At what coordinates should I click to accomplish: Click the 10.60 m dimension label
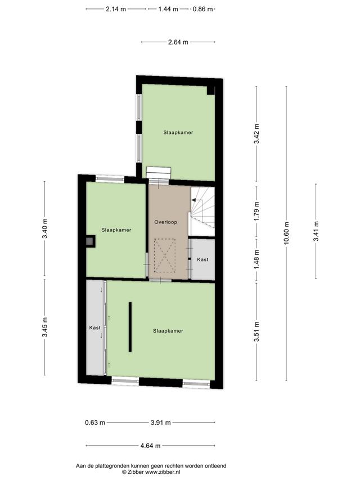tap(286, 234)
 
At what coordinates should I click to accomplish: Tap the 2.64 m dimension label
tap(178, 42)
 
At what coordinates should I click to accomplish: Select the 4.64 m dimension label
tap(150, 446)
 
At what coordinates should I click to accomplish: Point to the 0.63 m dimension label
tap(95, 423)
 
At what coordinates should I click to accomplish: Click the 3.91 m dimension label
tap(161, 423)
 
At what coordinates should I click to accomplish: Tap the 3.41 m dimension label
tap(316, 231)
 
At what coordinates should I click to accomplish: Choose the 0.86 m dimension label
tap(202, 9)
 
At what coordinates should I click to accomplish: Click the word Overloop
tap(165, 222)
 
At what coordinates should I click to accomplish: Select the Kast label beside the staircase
tap(202, 259)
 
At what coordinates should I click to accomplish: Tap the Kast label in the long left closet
tap(95, 328)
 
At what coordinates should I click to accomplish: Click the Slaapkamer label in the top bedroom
tap(178, 133)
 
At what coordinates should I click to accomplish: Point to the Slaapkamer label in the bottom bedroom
tap(168, 331)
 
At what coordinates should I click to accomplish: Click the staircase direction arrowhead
tap(193, 200)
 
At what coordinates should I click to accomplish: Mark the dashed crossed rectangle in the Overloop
tap(165, 255)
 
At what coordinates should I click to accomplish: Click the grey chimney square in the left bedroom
tap(89, 242)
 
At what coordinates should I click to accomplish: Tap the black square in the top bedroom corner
tap(211, 90)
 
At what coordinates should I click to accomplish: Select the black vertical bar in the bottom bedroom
tap(130, 327)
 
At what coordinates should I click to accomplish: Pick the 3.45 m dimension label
tap(45, 328)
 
